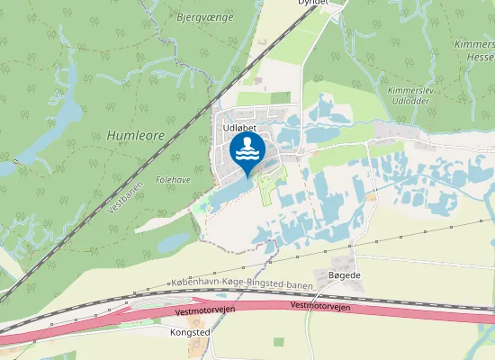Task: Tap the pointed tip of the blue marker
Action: tap(247, 175)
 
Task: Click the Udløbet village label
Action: tap(239, 129)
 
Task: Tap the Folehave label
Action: tap(173, 180)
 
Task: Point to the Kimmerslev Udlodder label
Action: tap(409, 96)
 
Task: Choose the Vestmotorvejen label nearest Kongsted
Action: tap(195, 311)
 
